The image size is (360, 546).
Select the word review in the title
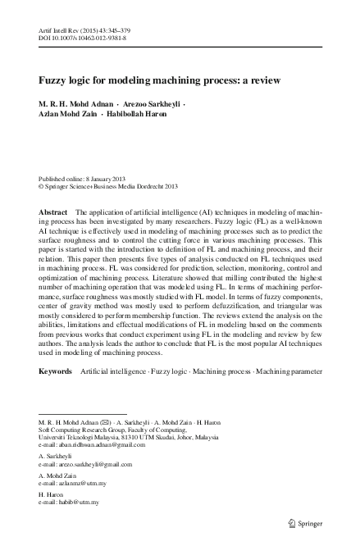264,80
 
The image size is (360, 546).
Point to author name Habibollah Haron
138,114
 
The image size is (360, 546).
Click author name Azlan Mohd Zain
67,114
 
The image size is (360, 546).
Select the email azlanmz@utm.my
77,485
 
